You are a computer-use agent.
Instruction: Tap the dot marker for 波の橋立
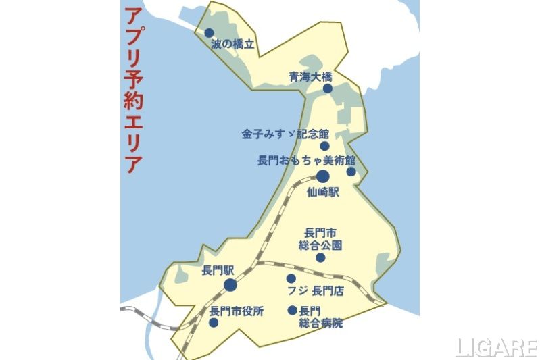[x=210, y=32]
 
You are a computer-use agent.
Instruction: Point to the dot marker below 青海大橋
[x=327, y=88]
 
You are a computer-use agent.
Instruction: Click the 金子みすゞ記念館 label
[x=285, y=134]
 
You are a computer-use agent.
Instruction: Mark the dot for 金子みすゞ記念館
[x=324, y=146]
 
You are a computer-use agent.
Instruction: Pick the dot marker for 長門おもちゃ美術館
[x=351, y=172]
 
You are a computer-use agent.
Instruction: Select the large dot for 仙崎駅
[x=322, y=177]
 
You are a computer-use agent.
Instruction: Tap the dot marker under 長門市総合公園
[x=320, y=257]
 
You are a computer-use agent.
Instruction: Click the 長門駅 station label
[x=218, y=270]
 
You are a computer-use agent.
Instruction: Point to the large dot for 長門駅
[x=230, y=285]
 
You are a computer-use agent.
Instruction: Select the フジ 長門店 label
[x=316, y=292]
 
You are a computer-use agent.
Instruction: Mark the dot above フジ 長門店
[x=291, y=278]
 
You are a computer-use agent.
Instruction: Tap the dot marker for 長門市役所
[x=214, y=323]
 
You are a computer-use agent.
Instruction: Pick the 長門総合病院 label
[x=320, y=317]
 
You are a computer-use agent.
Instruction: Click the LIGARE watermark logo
[x=497, y=347]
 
